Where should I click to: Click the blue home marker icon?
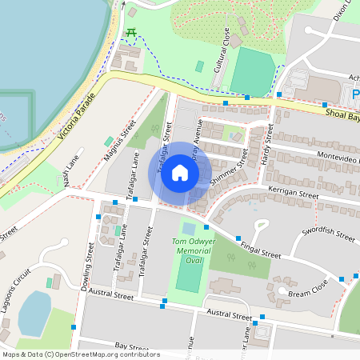click(x=180, y=173)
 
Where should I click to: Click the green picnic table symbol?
click(x=131, y=32)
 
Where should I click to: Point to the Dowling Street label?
click(x=86, y=264)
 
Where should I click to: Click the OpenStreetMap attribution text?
click(x=81, y=354)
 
